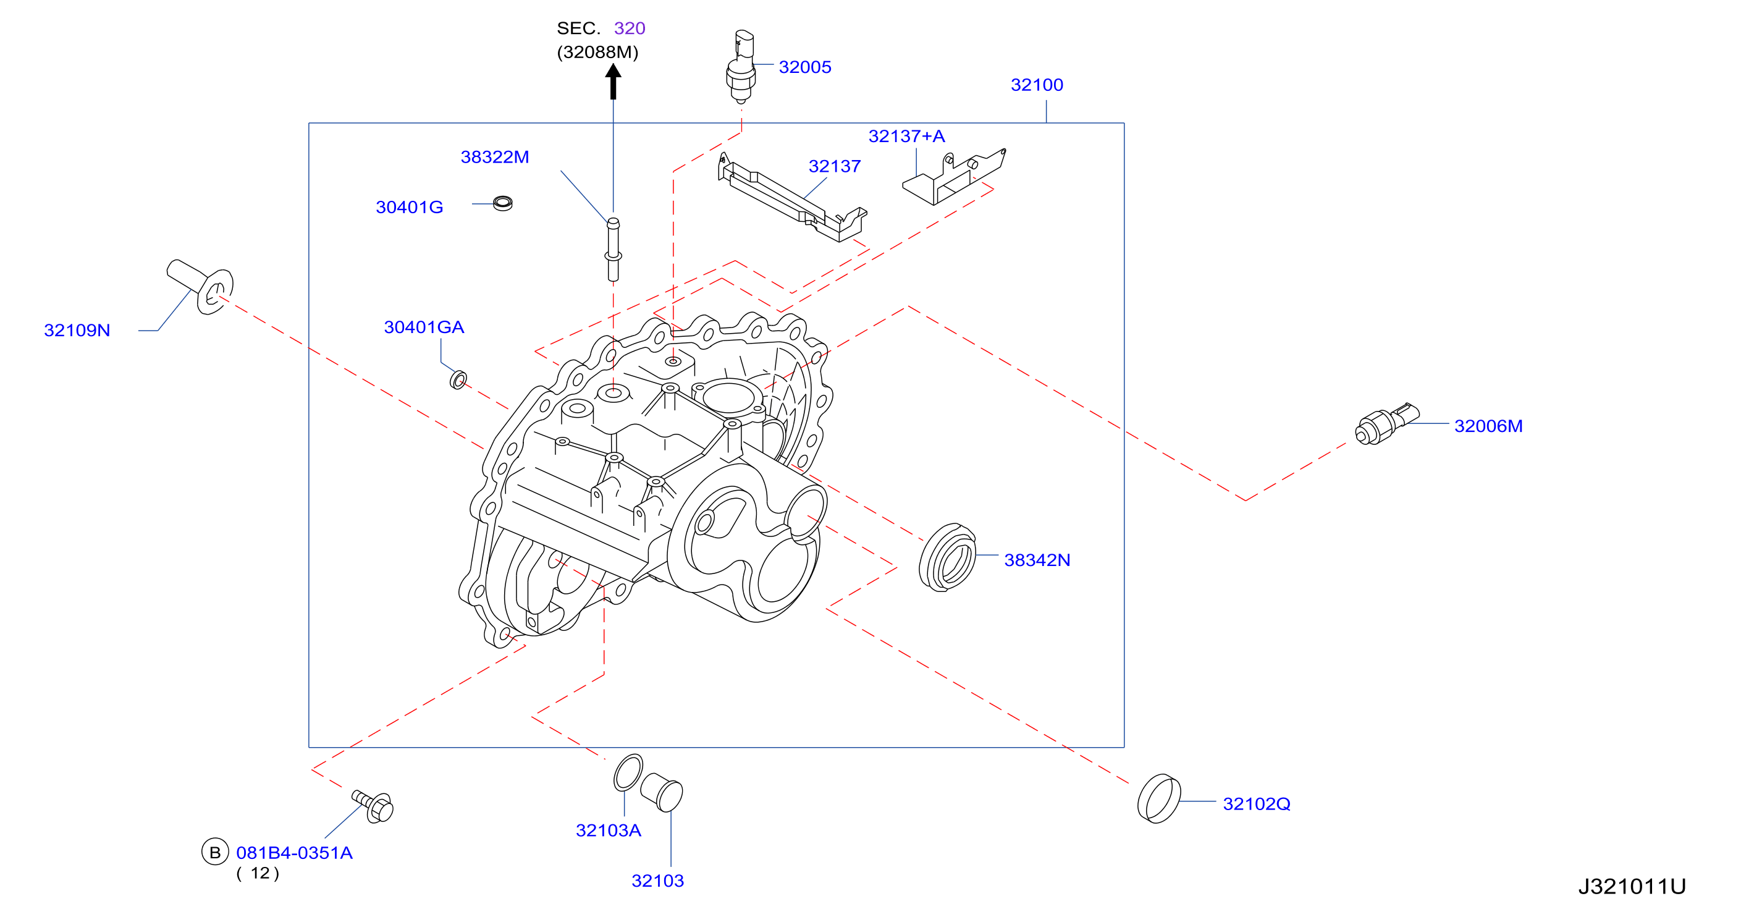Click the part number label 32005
[x=805, y=67]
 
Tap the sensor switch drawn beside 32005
[x=741, y=67]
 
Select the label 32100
[x=1036, y=85]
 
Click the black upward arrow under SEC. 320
[x=613, y=81]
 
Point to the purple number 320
[x=629, y=28]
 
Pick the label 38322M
[x=495, y=156]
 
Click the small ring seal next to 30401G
[x=502, y=203]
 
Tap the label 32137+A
[x=906, y=136]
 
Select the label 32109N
[x=77, y=330]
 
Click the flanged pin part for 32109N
[x=200, y=286]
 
